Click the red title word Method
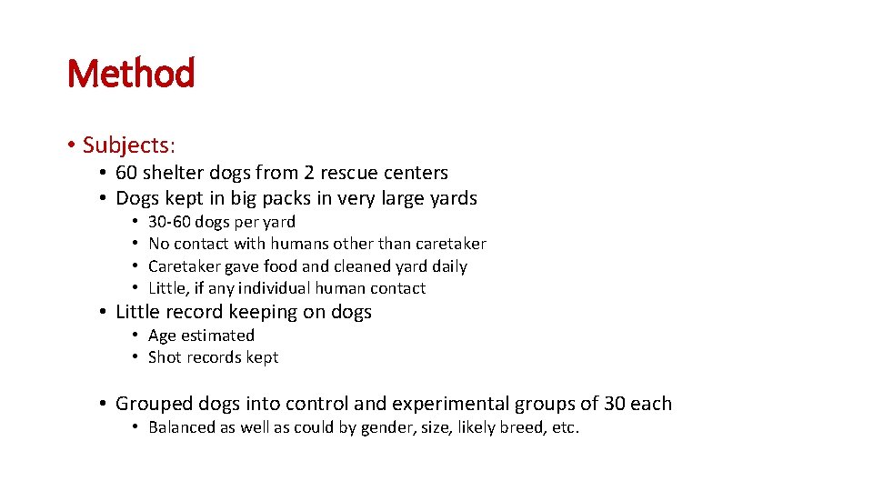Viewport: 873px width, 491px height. point(131,74)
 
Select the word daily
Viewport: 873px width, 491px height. point(449,266)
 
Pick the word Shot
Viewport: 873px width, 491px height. point(165,357)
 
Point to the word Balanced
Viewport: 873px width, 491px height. point(181,427)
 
